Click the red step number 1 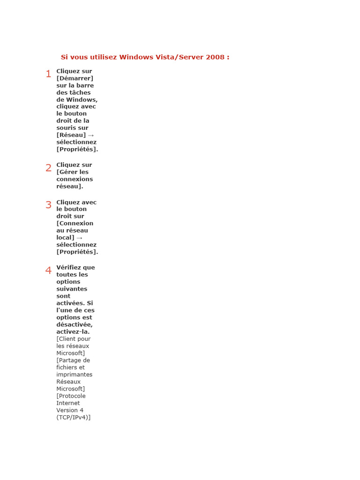pyautogui.click(x=48, y=74)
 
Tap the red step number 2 pyautogui.click(x=48, y=168)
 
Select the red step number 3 pyautogui.click(x=48, y=205)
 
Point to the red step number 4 pyautogui.click(x=48, y=270)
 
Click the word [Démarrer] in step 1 pyautogui.click(x=75, y=78)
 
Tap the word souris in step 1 pyautogui.click(x=66, y=128)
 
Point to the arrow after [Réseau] pyautogui.click(x=91, y=135)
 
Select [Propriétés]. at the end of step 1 pyautogui.click(x=77, y=150)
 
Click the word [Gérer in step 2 pyautogui.click(x=67, y=172)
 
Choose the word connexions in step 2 pyautogui.click(x=75, y=179)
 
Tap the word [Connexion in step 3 pyautogui.click(x=75, y=224)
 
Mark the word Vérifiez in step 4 pyautogui.click(x=69, y=268)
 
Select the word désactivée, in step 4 pyautogui.click(x=75, y=324)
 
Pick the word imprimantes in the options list pyautogui.click(x=75, y=375)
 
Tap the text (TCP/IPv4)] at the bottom pyautogui.click(x=74, y=417)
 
